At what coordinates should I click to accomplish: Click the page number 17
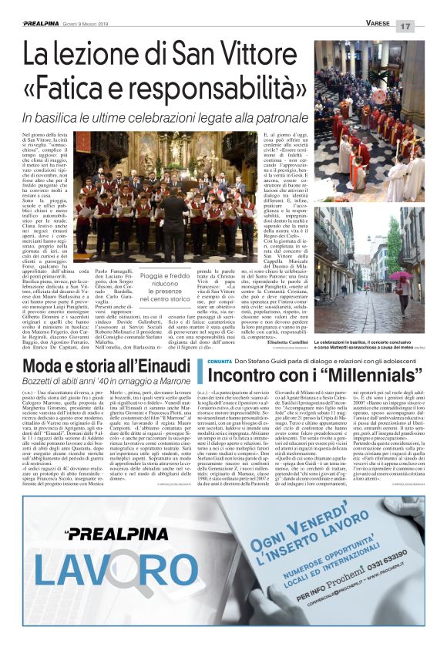(x=427, y=25)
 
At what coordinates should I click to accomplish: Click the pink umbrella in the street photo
(x=400, y=278)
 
